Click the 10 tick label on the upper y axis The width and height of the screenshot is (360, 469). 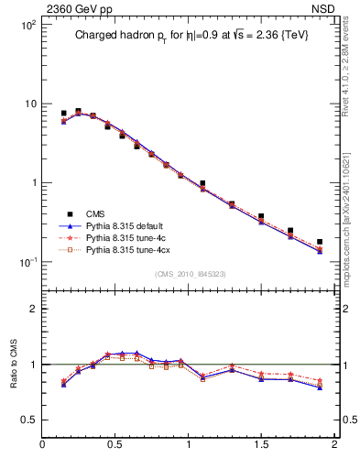pyautogui.click(x=29, y=104)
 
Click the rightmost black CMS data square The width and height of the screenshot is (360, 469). pyautogui.click(x=320, y=242)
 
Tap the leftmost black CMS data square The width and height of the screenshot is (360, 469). pyautogui.click(x=63, y=114)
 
